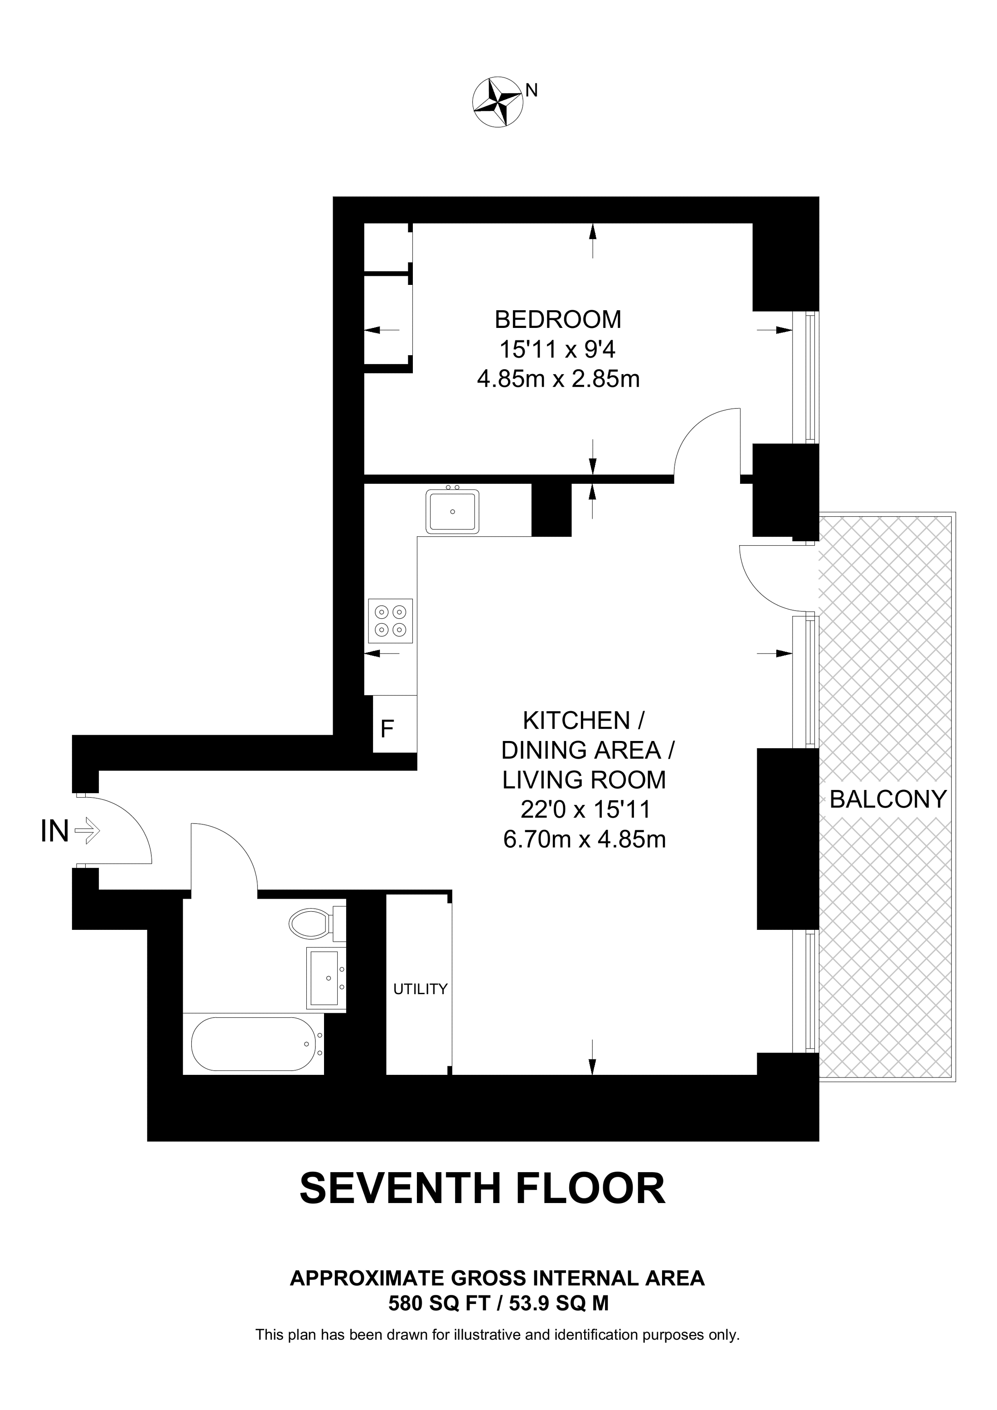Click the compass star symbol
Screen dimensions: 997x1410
[x=498, y=102]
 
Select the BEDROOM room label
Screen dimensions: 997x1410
[x=558, y=320]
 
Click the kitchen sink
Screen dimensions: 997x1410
[x=453, y=510]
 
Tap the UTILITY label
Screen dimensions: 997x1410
[x=420, y=989]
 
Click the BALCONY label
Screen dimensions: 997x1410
[x=888, y=799]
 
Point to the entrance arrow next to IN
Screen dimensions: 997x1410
[x=87, y=832]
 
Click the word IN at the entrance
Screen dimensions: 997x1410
[x=54, y=832]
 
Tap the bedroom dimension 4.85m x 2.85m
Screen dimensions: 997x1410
[x=558, y=379]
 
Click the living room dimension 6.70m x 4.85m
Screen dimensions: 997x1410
[x=585, y=839]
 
